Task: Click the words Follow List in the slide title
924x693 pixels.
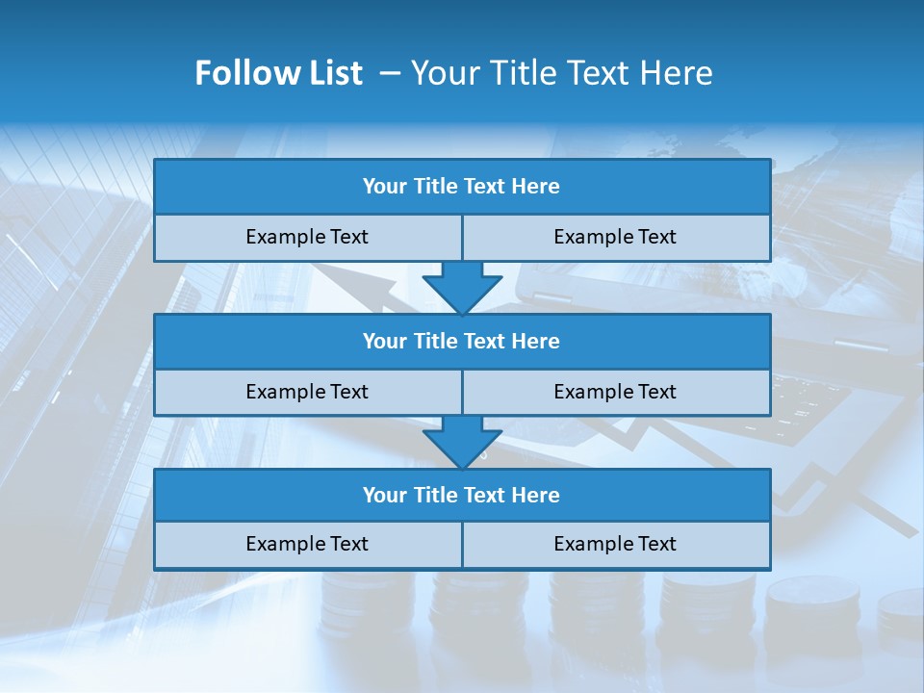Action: coord(279,73)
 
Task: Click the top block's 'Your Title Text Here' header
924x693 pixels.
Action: coord(461,187)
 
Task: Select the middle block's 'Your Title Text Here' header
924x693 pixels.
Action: coord(461,341)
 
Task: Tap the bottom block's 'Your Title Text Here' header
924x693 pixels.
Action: coord(461,495)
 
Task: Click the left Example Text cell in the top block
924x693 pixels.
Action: coord(307,237)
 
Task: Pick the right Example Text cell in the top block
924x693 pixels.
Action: coord(615,237)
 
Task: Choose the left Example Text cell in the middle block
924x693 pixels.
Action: coord(307,392)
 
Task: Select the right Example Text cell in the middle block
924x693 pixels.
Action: coord(615,392)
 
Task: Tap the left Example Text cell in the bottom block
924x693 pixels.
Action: coord(307,544)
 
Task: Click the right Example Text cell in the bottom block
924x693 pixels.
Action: coord(615,544)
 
